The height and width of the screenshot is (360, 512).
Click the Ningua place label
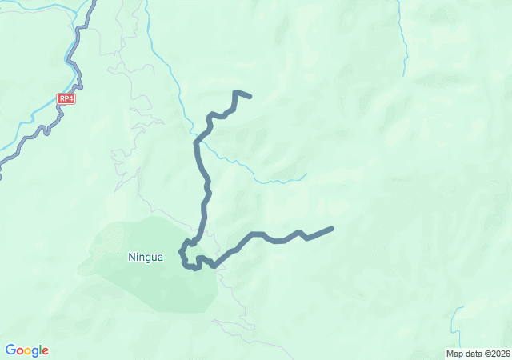click(x=146, y=258)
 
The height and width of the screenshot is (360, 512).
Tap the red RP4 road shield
click(x=66, y=99)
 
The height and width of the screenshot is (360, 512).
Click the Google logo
click(x=26, y=350)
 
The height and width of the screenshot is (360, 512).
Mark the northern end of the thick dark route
click(x=250, y=97)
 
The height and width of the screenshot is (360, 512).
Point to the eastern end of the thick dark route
click(x=331, y=229)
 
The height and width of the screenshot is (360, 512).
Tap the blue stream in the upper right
click(x=402, y=40)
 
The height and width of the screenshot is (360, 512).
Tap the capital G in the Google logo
click(x=10, y=350)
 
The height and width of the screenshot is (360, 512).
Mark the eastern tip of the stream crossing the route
click(x=306, y=174)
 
